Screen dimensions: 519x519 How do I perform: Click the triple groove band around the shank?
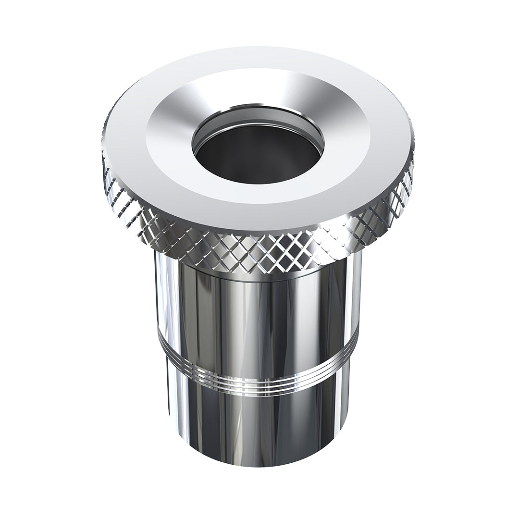pos(259,384)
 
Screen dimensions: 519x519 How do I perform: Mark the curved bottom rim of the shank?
pos(259,464)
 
